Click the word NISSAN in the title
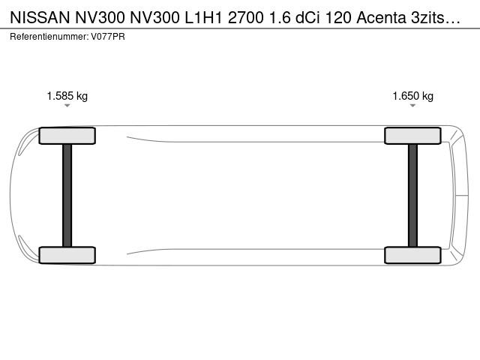[40, 18]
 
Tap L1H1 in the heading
[203, 18]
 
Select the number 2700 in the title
[246, 18]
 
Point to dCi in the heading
[307, 18]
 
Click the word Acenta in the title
[381, 18]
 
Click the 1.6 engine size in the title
[280, 18]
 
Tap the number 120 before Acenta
[338, 18]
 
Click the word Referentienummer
[49, 37]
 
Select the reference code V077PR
[108, 37]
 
